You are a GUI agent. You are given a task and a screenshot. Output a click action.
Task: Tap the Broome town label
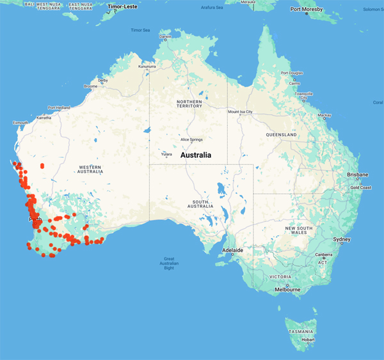click(90, 86)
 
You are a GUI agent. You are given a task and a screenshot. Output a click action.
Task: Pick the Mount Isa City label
click(241, 112)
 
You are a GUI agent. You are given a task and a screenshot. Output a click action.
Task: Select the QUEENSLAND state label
click(282, 136)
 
